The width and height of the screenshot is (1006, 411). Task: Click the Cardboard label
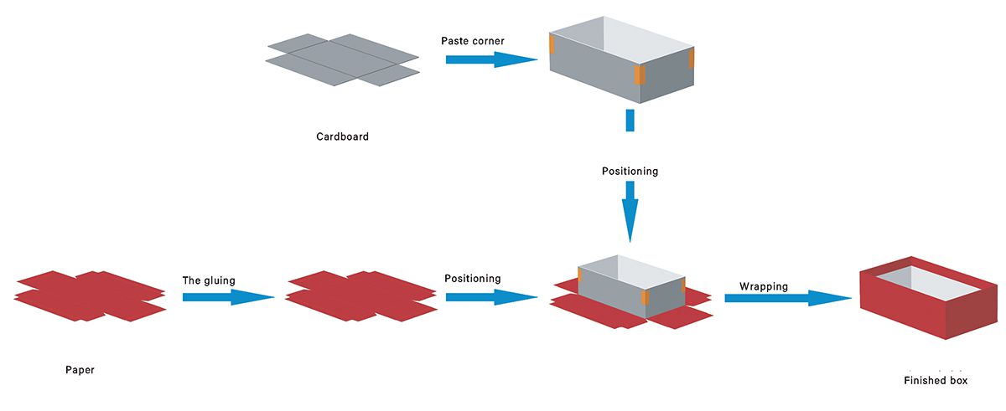click(342, 137)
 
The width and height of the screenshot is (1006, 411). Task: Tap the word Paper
click(80, 370)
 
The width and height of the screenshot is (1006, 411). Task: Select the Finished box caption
click(936, 381)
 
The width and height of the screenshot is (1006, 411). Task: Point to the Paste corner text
click(473, 40)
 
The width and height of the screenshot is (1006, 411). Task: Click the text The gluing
click(209, 280)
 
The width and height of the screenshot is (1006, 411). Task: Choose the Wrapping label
click(763, 286)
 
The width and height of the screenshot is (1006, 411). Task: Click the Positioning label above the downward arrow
click(630, 172)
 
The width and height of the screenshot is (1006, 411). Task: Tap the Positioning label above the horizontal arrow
click(473, 279)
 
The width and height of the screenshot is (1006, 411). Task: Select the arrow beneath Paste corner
click(490, 59)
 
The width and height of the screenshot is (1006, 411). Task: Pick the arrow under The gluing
click(228, 296)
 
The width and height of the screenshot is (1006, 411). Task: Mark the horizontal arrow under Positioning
click(490, 296)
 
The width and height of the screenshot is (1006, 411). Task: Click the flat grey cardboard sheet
click(342, 59)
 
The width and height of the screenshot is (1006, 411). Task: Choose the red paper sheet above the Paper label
click(90, 295)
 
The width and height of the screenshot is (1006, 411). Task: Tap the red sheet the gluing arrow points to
click(361, 295)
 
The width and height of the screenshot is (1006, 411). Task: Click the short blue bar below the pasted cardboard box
click(630, 120)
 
